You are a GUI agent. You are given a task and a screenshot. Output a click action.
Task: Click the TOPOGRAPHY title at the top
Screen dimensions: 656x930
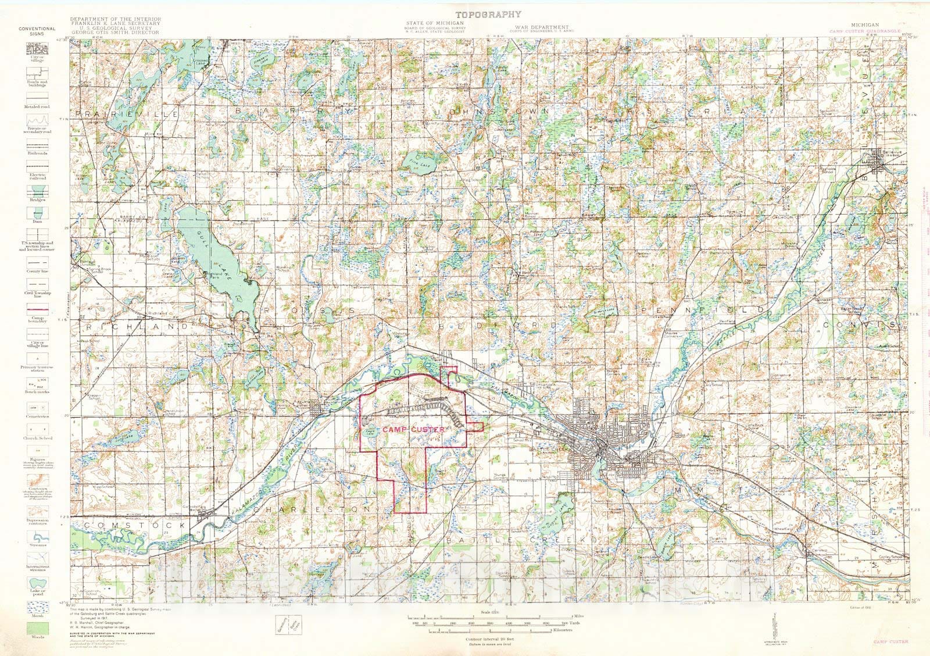tap(488, 15)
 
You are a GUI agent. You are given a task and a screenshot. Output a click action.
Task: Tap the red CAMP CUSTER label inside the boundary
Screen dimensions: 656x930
tap(413, 429)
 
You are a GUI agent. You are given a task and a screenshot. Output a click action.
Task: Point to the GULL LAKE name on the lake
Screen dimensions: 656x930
tap(219, 261)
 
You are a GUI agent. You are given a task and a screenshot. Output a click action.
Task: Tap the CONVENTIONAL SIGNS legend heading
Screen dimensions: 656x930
tap(37, 31)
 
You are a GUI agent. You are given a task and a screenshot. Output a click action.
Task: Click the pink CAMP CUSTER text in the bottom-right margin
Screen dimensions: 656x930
tap(889, 642)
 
